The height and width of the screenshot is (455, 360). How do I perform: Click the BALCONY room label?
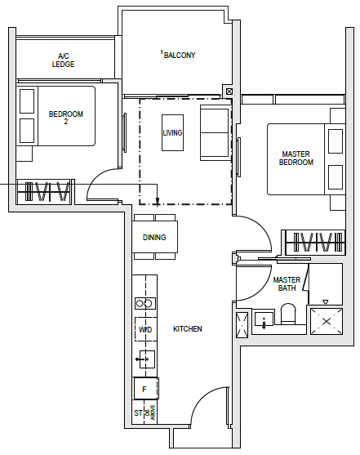click(x=180, y=55)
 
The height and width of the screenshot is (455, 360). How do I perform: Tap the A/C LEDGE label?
click(x=63, y=60)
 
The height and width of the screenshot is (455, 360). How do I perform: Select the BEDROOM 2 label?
click(x=66, y=118)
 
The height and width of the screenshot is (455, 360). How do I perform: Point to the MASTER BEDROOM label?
click(x=296, y=158)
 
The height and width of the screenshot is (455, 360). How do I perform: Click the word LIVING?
click(x=172, y=132)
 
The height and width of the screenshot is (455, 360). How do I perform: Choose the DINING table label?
click(x=154, y=237)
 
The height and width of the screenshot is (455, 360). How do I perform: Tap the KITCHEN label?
click(x=188, y=328)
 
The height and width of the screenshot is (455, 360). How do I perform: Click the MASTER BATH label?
click(x=287, y=283)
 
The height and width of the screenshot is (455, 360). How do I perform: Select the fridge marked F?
click(x=145, y=389)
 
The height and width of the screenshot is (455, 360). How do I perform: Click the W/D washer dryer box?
click(x=145, y=329)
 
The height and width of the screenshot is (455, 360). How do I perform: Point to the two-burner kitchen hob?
click(x=145, y=303)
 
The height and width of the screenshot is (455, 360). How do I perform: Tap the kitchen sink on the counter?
click(x=147, y=359)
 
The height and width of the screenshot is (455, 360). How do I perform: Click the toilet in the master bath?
click(x=288, y=314)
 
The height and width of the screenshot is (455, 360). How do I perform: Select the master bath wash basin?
click(x=264, y=321)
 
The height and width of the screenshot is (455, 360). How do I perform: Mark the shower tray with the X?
click(x=327, y=321)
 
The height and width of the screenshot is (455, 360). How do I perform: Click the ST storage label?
click(x=139, y=413)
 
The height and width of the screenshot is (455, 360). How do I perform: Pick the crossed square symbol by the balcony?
click(x=229, y=91)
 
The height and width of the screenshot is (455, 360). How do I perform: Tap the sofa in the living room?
click(x=215, y=132)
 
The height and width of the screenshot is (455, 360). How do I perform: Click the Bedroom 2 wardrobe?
click(x=44, y=191)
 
